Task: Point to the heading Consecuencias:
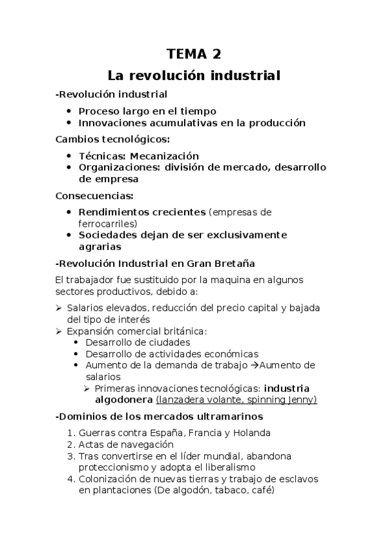pyautogui.click(x=95, y=195)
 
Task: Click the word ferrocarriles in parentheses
pyautogui.click(x=107, y=224)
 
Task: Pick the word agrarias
pyautogui.click(x=99, y=246)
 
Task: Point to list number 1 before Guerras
pyautogui.click(x=72, y=433)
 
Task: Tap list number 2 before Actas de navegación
pyautogui.click(x=72, y=445)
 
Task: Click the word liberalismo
pyautogui.click(x=226, y=467)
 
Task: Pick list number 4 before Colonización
pyautogui.click(x=72, y=479)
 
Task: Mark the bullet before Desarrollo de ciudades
pyautogui.click(x=77, y=342)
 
